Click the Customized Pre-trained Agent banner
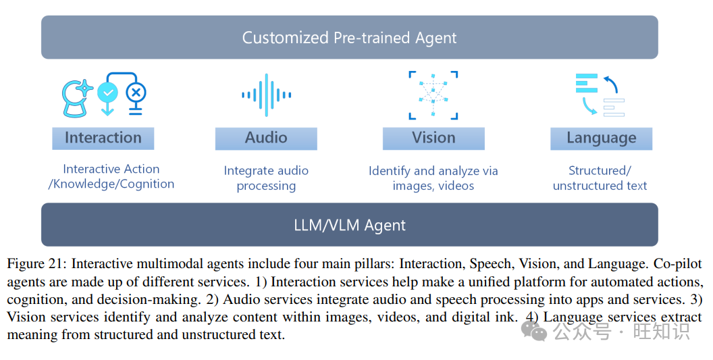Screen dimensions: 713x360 point(349,37)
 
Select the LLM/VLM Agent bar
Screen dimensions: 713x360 point(349,225)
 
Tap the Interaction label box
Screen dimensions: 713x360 point(103,138)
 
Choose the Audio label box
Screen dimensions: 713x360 point(266,138)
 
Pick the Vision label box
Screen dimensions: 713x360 point(433,138)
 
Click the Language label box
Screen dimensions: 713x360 point(601,138)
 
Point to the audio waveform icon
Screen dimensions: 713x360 point(266,95)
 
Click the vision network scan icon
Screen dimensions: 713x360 point(433,95)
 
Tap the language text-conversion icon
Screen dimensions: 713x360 point(600,95)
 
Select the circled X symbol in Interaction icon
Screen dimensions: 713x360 point(136,92)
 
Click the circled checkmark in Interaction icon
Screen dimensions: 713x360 point(107,92)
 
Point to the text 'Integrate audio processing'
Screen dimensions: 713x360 point(266,178)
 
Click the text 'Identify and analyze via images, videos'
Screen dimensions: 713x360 point(433,178)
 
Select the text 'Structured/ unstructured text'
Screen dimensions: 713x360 point(600,178)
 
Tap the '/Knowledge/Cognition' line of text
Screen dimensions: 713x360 point(111,184)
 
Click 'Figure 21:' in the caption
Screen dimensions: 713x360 point(36,264)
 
